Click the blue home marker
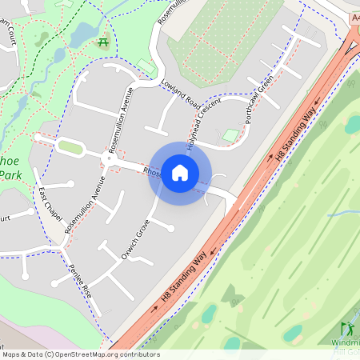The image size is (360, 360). point(180,173)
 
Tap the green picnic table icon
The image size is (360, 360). point(102,39)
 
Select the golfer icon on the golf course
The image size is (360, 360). point(347,329)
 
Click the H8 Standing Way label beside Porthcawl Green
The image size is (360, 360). point(293,141)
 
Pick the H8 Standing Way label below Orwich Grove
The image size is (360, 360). point(183,276)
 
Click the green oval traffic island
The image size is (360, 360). point(70,147)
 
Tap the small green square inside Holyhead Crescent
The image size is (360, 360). point(230,136)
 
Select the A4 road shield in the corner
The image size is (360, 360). point(354,17)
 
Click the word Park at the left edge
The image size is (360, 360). point(9,175)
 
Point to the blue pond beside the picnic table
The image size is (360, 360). point(83,34)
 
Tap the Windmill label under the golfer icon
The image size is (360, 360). point(345,342)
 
